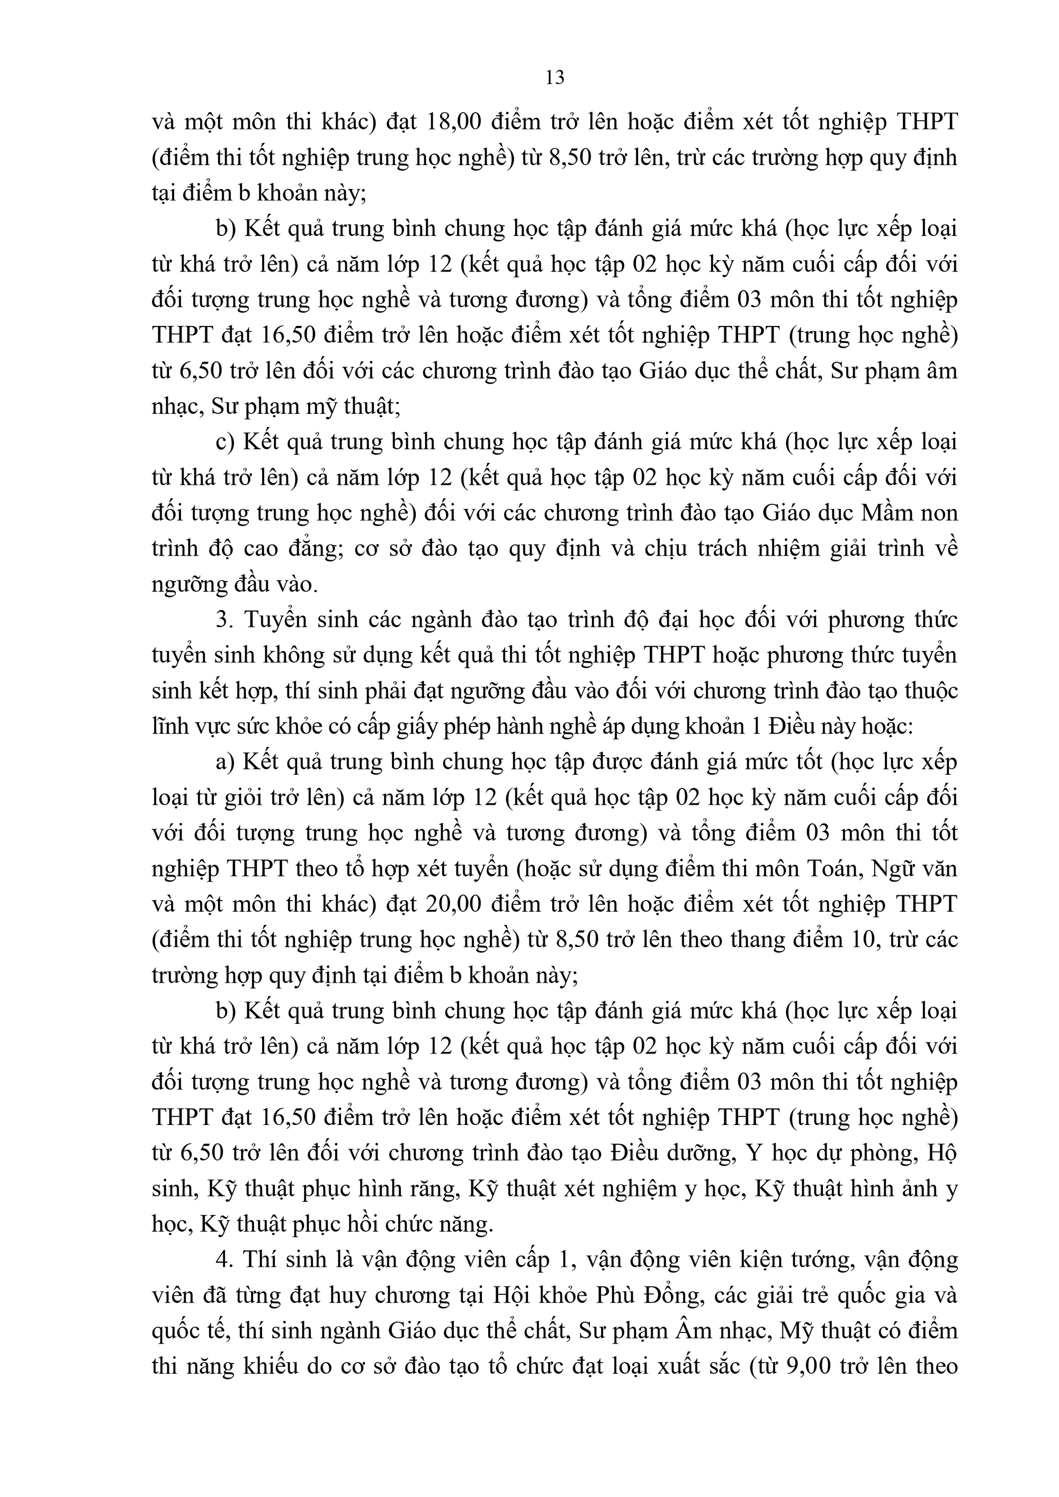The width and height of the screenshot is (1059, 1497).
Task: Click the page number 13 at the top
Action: click(x=554, y=78)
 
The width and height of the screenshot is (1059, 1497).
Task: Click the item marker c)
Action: click(x=225, y=442)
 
